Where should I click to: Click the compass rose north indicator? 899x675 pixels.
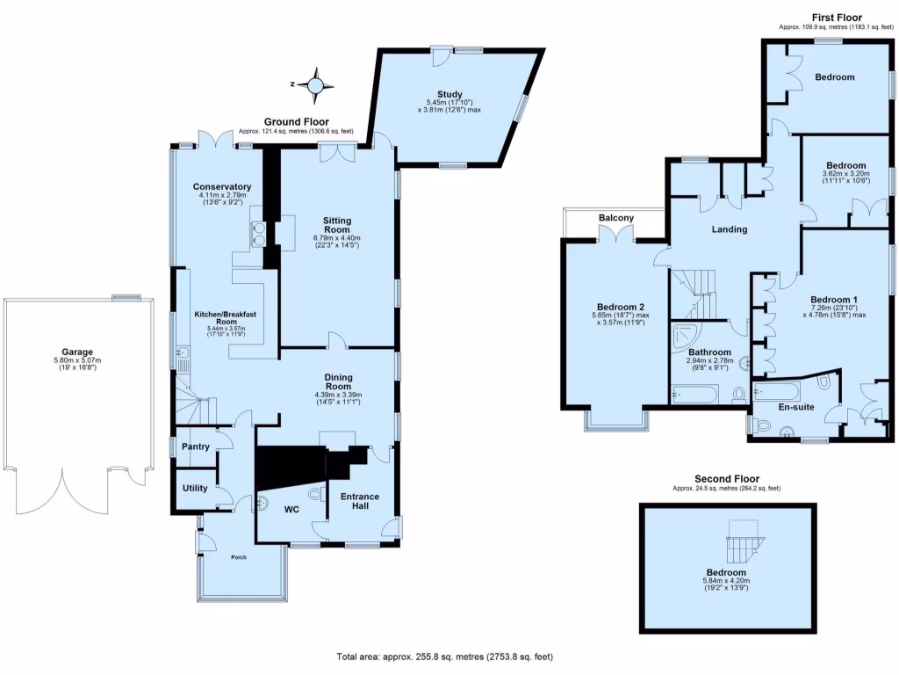315,85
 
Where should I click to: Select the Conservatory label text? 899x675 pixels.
222,186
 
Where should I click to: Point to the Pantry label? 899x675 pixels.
195,446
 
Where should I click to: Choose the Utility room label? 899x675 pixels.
195,487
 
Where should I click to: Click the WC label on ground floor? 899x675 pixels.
291,509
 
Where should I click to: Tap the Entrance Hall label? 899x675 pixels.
360,502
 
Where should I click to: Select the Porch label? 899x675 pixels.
239,557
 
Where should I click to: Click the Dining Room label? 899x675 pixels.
338,381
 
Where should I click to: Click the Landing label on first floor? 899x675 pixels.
729,229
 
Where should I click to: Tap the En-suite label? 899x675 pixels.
797,407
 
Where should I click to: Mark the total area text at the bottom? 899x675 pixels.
445,657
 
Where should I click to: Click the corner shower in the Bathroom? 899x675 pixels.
683,336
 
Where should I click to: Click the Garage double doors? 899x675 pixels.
63,497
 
